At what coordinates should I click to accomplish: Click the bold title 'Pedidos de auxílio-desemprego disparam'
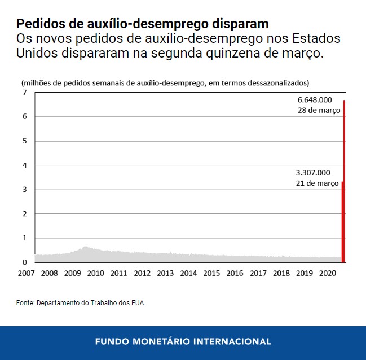(142, 24)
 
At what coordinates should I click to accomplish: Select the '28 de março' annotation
(319, 111)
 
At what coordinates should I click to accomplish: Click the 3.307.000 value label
(313, 173)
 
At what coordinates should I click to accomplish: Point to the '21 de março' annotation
(317, 183)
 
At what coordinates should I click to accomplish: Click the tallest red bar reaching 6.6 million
(344, 181)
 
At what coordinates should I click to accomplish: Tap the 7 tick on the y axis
(25, 92)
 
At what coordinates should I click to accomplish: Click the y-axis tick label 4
(25, 165)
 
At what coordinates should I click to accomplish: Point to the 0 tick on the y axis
(25, 262)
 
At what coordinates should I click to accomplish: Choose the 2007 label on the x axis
(26, 274)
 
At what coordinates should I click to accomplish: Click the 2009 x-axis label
(72, 274)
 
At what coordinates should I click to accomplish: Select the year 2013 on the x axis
(165, 274)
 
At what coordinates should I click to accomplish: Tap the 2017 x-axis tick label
(258, 274)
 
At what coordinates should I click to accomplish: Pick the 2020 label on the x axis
(328, 274)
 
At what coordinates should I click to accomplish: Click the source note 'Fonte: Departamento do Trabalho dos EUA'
(81, 303)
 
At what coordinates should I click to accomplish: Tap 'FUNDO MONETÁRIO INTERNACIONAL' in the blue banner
(183, 341)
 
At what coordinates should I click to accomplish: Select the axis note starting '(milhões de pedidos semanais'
(165, 83)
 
